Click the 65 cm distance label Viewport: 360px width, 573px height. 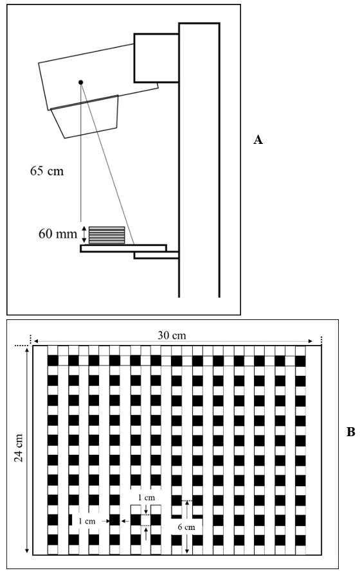point(47,171)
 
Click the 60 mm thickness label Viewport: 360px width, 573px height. point(58,234)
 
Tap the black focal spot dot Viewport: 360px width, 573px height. point(81,82)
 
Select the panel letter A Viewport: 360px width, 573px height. point(258,139)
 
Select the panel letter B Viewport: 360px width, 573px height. point(350,432)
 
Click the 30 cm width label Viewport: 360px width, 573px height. point(172,335)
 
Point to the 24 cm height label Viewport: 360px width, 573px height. point(19,448)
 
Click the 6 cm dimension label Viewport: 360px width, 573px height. point(186,527)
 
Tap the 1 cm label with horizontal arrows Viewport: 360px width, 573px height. point(87,521)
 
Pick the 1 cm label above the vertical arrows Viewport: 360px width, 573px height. point(147,497)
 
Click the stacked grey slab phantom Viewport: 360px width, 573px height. point(107,235)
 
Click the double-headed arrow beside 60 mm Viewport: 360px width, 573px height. point(84,234)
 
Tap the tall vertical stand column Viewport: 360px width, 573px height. point(199,160)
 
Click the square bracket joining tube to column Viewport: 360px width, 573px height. point(156,58)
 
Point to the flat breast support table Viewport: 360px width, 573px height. point(123,249)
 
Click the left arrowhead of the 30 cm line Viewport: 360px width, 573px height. point(36,341)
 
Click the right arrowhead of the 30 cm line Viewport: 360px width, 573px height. point(310,341)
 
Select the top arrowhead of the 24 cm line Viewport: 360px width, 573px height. point(27,350)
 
